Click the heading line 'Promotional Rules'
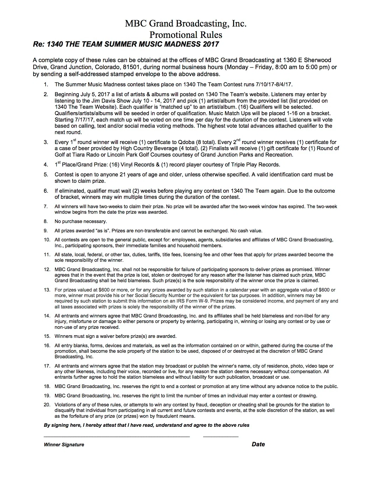click(x=186, y=35)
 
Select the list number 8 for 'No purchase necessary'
click(x=46, y=222)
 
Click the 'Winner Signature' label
click(x=64, y=445)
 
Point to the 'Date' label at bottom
click(x=258, y=444)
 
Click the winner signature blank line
click(x=117, y=436)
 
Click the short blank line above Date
click(x=221, y=436)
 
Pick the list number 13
click(x=47, y=290)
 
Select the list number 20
click(x=47, y=405)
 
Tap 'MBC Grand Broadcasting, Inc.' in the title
click(x=186, y=23)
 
